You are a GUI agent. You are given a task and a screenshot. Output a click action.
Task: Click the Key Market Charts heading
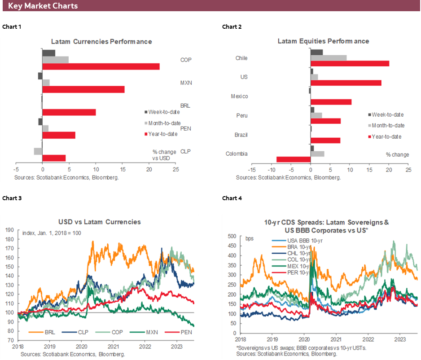tap(43, 6)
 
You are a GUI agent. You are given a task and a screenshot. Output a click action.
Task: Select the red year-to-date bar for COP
tap(101, 66)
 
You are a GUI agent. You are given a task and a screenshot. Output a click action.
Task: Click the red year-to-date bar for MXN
tap(83, 89)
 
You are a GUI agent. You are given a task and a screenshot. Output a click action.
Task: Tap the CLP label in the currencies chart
tap(185, 151)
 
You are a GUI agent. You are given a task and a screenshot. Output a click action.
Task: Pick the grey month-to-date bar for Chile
tap(329, 57)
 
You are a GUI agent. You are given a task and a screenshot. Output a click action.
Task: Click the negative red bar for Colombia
tap(294, 159)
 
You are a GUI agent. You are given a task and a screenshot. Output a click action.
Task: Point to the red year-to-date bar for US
tap(346, 83)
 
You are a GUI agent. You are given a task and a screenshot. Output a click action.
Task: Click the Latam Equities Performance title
tap(323, 41)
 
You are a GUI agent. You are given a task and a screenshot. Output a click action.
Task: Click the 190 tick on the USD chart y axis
tap(9, 229)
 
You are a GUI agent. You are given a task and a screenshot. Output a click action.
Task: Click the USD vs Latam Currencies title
tap(100, 222)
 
